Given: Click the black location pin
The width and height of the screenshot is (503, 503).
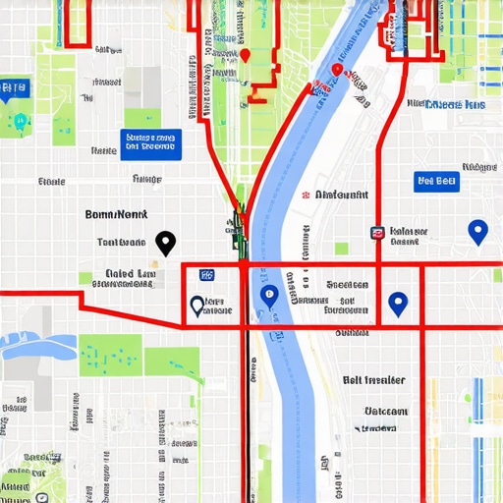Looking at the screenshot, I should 165,241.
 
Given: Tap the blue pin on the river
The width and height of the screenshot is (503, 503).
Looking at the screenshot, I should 267,295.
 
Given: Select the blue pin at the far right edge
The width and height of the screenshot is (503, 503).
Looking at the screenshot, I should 477,232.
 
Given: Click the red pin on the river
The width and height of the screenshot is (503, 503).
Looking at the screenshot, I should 337,70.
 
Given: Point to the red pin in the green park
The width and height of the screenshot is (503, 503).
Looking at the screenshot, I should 246,56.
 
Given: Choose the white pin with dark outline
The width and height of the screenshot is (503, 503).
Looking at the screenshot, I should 196,306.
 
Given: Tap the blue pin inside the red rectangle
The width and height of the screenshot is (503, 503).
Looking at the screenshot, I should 397,304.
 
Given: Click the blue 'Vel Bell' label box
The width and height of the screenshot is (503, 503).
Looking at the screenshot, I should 436,181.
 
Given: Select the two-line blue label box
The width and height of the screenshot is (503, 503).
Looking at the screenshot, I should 151,143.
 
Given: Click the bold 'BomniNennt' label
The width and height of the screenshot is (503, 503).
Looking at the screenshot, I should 115,213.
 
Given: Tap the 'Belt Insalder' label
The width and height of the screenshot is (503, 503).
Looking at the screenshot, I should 373,380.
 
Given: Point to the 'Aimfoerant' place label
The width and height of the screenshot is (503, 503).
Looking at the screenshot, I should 342,196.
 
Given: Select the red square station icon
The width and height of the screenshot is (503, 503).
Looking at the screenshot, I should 377,233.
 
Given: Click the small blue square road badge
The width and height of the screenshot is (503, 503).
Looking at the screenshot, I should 205,276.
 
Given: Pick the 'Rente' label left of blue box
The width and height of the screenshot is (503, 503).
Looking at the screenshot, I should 103,151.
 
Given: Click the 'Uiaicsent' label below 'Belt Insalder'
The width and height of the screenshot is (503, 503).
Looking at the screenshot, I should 386,412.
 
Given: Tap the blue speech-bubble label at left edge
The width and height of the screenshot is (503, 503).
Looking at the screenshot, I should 14,88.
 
